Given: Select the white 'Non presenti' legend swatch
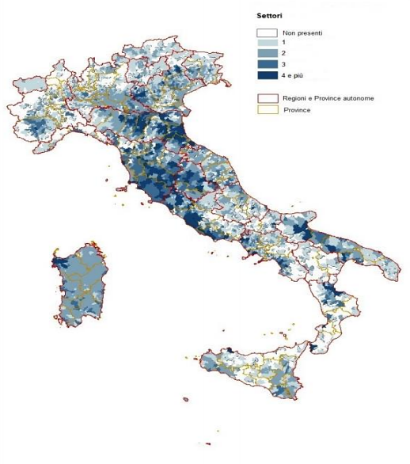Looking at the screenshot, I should (266, 33).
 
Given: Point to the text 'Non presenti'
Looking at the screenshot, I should (302, 33).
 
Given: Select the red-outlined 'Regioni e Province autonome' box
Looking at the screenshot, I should (266, 97).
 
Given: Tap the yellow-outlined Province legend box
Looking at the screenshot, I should (266, 109).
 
